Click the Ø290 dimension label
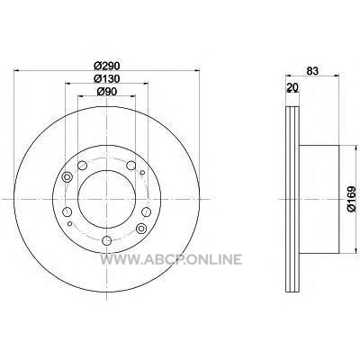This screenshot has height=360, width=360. tap(107, 65)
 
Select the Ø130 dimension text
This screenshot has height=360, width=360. tap(107, 78)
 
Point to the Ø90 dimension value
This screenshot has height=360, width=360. tap(107, 91)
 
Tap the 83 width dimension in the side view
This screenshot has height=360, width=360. tap(312, 71)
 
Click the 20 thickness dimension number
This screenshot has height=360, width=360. tap(292, 87)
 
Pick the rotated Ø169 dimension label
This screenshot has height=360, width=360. tap(352, 200)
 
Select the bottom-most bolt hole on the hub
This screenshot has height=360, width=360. tap(106, 240)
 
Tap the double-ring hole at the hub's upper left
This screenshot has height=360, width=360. tap(67, 177)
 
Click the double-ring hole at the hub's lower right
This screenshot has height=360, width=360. tap(140, 229)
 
